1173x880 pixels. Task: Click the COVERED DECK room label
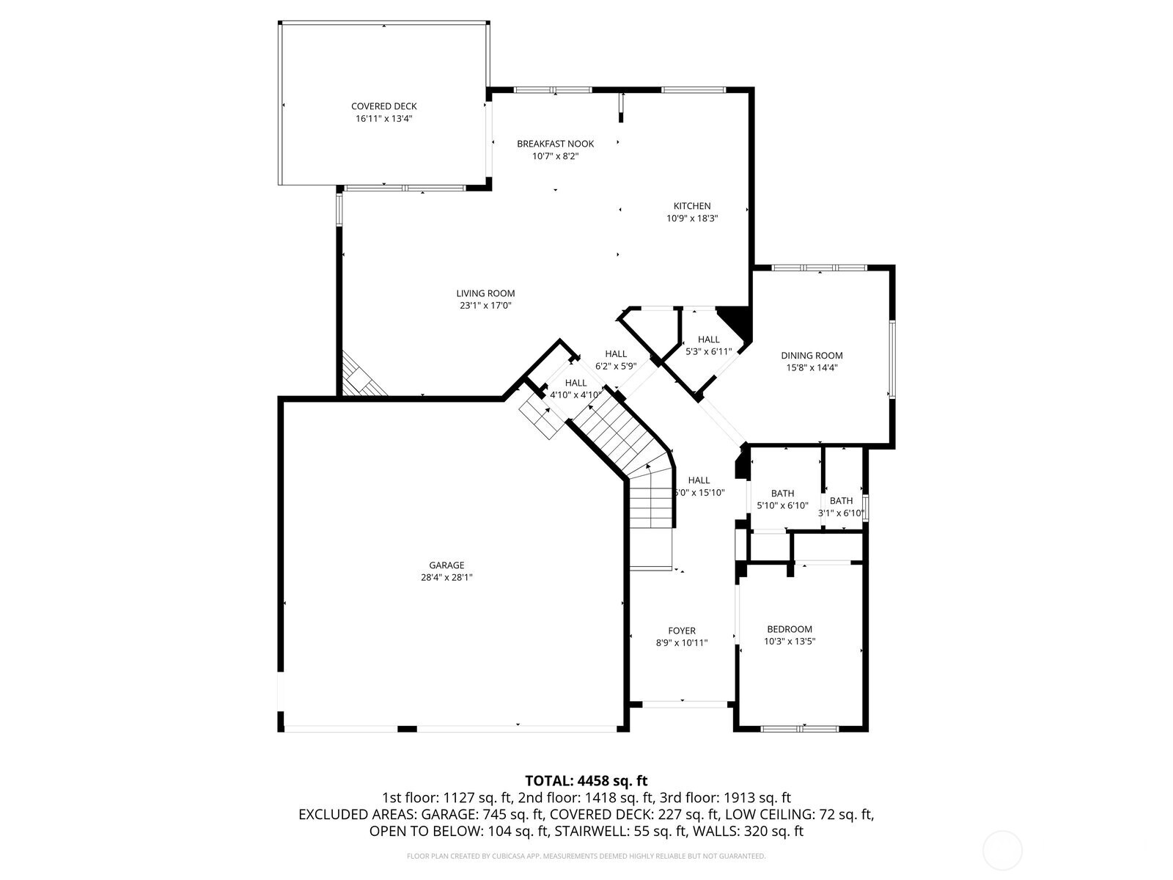click(383, 106)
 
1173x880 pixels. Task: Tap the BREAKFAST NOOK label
click(555, 144)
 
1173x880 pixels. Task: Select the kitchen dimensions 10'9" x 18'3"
click(692, 218)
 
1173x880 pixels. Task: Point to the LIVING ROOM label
click(485, 293)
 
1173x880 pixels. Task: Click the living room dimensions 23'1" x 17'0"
click(485, 306)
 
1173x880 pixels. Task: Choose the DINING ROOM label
click(812, 356)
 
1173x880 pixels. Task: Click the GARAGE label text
click(446, 565)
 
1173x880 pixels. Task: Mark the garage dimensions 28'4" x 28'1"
click(446, 577)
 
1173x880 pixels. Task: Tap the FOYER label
click(682, 631)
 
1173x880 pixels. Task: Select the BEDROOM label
click(790, 629)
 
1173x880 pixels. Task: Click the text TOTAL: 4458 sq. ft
click(586, 780)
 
